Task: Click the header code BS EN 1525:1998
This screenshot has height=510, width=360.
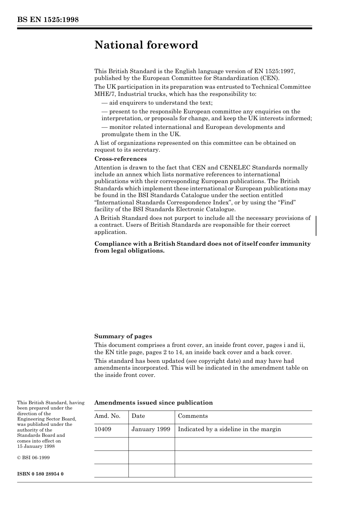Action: (x=48, y=20)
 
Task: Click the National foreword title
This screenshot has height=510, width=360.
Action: (x=146, y=45)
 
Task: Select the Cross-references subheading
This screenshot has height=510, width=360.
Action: (x=121, y=159)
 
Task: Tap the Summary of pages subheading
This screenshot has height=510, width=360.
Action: (x=123, y=336)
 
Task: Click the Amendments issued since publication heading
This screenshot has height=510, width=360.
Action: (x=153, y=403)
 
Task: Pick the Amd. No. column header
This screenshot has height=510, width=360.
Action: (x=107, y=416)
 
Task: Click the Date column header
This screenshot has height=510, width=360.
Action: (x=138, y=416)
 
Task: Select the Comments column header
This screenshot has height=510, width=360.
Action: (x=193, y=416)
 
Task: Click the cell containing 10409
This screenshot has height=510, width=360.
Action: (x=103, y=429)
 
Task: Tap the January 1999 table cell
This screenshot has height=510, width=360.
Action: (x=151, y=429)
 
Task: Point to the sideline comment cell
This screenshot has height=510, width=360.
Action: (x=229, y=429)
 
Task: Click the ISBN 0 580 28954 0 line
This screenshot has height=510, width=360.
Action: (x=40, y=474)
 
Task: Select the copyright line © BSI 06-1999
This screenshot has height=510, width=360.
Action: (x=33, y=458)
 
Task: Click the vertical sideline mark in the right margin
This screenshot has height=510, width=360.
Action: (x=316, y=226)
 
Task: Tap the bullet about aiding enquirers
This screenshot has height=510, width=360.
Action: (x=157, y=103)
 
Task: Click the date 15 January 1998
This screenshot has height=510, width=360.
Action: (x=36, y=446)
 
